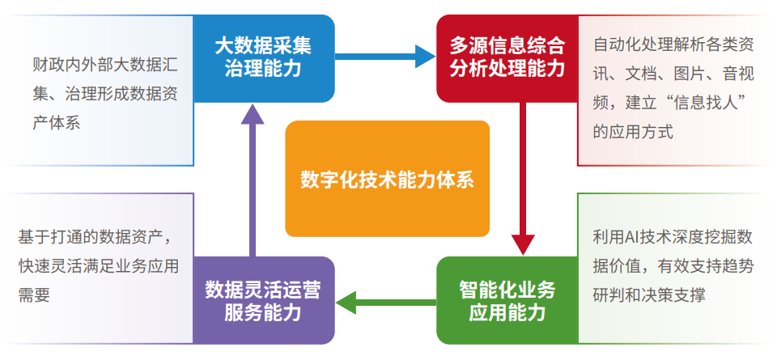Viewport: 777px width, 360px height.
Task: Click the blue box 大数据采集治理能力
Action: click(x=264, y=57)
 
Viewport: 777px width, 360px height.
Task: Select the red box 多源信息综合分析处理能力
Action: click(x=507, y=57)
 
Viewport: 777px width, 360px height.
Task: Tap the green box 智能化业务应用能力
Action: click(x=507, y=300)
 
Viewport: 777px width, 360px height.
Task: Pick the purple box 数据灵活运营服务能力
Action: click(x=264, y=300)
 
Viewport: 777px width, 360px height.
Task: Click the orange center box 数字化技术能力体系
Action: click(x=387, y=179)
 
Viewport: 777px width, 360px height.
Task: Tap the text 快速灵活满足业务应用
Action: click(x=98, y=266)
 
